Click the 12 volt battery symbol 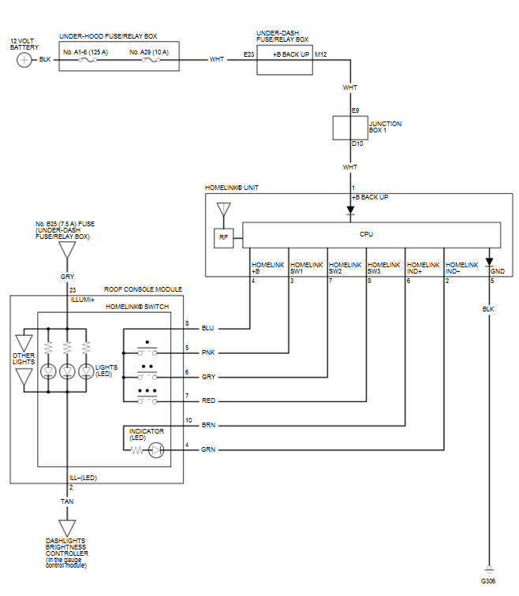24,60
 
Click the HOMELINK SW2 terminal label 345,268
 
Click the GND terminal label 498,271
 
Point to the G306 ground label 489,580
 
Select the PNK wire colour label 208,352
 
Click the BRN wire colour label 208,425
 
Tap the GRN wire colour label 208,450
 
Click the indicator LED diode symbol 155,450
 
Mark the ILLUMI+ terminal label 82,300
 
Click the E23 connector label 249,55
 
